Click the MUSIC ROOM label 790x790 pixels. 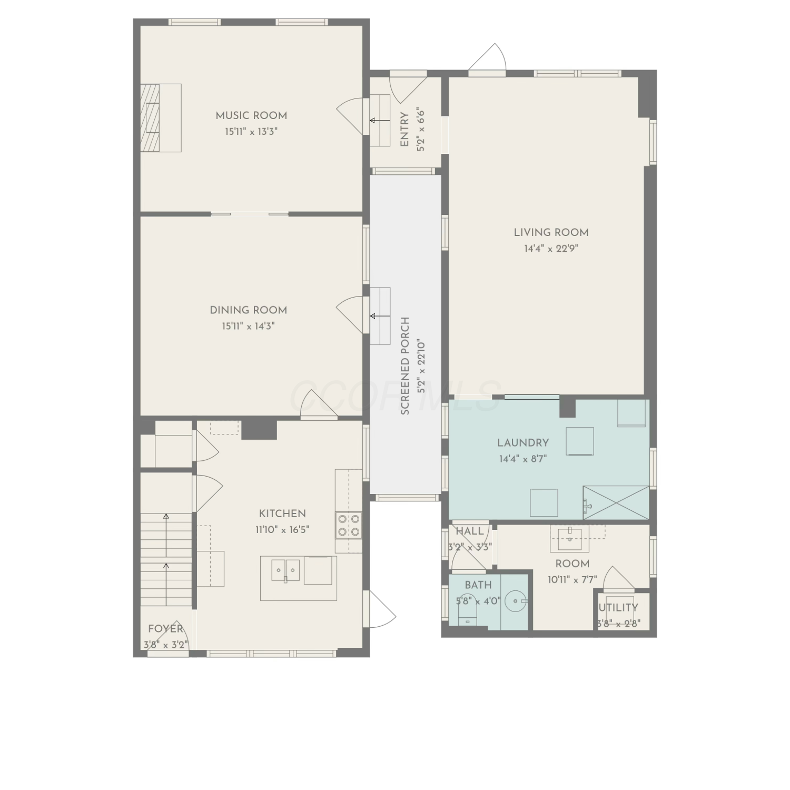(x=251, y=115)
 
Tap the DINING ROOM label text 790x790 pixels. (x=249, y=310)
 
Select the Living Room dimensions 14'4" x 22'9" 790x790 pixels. (x=551, y=249)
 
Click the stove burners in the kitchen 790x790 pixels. (x=349, y=525)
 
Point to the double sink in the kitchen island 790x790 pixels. (x=285, y=570)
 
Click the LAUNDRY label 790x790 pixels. (x=523, y=443)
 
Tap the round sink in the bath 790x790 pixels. (x=514, y=600)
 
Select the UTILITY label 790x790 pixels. (x=619, y=608)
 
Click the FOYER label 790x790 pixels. (x=165, y=628)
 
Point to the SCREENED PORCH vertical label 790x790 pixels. (x=405, y=366)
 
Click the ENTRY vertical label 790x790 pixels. (x=404, y=130)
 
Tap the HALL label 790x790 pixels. (x=470, y=531)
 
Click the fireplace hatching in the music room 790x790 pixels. (x=150, y=118)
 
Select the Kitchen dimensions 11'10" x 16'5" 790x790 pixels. (x=282, y=529)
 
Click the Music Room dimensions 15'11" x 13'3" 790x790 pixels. (x=251, y=131)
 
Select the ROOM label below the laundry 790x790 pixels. (x=572, y=564)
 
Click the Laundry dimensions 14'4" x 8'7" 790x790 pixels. (x=523, y=459)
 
